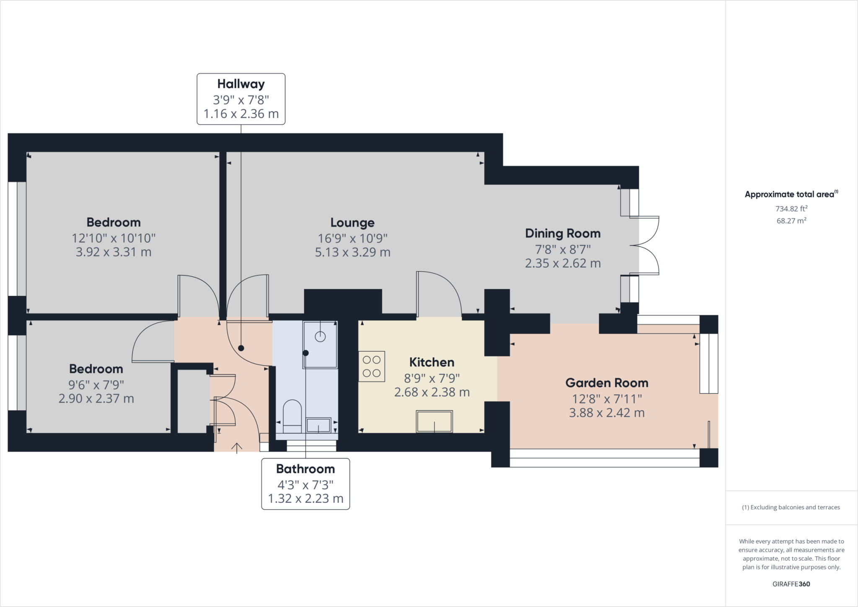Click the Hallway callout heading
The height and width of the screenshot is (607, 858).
coord(241,84)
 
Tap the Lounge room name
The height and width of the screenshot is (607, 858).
coord(352,223)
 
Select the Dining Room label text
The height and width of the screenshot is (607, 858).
coord(563,233)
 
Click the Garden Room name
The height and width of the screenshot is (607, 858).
coord(607,383)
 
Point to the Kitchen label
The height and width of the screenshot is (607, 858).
coord(432,362)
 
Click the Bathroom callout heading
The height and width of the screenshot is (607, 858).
coord(305,469)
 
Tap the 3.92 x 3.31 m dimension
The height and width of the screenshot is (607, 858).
coord(114,252)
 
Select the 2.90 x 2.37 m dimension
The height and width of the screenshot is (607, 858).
coord(96,399)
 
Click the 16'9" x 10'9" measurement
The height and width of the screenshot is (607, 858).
coord(353,238)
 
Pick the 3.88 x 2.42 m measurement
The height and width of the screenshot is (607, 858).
coord(607,413)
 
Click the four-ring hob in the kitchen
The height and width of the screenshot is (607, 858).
coord(372,366)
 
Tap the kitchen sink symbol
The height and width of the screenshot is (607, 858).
coord(434,421)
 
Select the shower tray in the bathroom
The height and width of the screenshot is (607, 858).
coord(320,345)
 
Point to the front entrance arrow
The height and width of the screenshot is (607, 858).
coord(237,448)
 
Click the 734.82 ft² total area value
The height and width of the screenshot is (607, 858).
coord(791,208)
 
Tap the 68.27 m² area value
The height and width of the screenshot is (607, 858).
coord(791,220)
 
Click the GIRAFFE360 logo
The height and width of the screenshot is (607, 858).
coord(791,584)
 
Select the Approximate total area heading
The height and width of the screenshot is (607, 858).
coord(791,194)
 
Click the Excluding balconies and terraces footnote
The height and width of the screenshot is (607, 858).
coord(791,507)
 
